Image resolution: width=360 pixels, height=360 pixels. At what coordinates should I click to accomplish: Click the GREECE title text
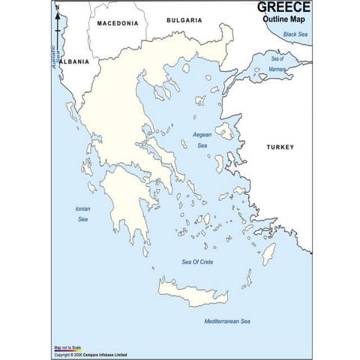point(283,7)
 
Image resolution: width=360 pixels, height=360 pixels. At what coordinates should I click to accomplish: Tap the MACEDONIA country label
point(118,23)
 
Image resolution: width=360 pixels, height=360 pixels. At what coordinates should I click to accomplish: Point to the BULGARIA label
point(184,20)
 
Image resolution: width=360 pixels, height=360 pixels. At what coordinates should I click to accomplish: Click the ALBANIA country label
point(74,61)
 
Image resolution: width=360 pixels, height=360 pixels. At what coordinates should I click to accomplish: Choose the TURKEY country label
point(280,147)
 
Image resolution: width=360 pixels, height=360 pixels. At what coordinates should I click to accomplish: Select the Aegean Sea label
point(202,139)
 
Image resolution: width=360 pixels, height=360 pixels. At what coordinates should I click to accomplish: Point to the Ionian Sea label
point(82,214)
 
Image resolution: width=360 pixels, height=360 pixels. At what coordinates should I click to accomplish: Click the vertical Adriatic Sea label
point(55,55)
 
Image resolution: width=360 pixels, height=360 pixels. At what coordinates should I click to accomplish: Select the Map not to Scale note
point(67,348)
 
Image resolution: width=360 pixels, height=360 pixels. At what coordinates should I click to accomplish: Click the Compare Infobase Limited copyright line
point(90,355)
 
